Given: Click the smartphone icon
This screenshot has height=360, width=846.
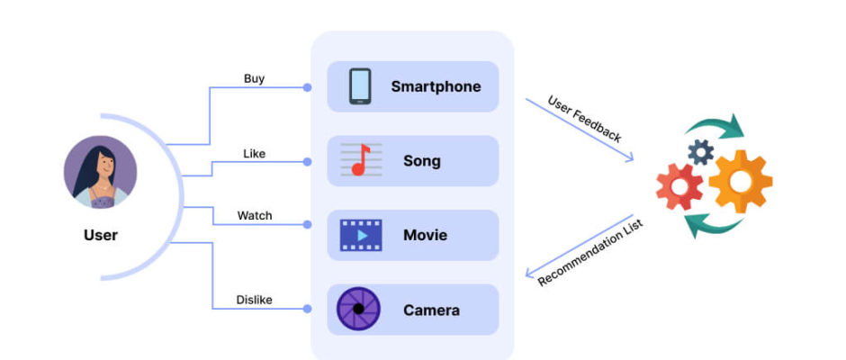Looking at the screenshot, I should point(360,86).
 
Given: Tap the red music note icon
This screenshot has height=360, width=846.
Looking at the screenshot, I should point(360,161).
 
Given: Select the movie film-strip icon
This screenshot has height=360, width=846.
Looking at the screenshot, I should point(360,235).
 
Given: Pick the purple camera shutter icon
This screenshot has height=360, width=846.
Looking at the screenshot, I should point(358,310).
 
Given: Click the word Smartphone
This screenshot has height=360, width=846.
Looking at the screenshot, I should point(436,87).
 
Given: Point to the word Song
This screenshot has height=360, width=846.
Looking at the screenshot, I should point(422,161).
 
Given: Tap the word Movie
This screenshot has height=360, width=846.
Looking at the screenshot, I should point(425,236).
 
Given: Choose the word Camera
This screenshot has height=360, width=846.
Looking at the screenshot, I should point(431,310).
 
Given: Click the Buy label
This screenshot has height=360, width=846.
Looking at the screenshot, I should point(254,78).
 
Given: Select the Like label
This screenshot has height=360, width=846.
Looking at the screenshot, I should point(254,153).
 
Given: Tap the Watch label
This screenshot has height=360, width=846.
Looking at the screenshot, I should point(254,216).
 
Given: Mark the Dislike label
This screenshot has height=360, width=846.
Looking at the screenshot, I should point(254,300).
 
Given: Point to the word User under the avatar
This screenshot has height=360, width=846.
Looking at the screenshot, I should point(100,236).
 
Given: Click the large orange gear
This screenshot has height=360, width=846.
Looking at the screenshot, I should point(740,180).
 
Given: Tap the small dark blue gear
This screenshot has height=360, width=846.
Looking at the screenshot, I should point(700,151).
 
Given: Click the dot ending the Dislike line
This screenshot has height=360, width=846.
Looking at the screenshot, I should point(307,309).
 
